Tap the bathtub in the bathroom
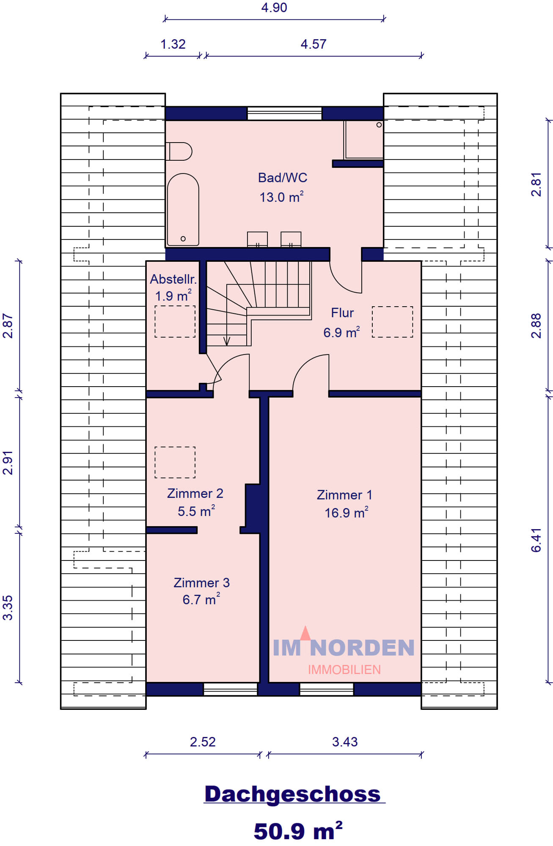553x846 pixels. tap(183, 209)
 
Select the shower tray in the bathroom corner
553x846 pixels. tap(363, 140)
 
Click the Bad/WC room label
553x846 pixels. tap(283, 178)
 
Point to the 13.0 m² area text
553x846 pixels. tap(281, 197)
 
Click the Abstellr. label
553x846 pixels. tap(173, 279)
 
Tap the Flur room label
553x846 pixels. tap(342, 313)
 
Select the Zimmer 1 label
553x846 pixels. tap(344, 495)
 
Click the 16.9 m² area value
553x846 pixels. tap(346, 513)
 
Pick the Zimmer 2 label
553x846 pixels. tap(195, 493)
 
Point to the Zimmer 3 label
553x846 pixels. tap(201, 582)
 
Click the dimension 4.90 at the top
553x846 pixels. tap(274, 8)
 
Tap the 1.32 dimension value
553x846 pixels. tap(173, 44)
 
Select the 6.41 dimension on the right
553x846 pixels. tap(536, 540)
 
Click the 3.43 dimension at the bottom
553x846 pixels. tap(345, 742)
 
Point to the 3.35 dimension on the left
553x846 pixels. tap(8, 608)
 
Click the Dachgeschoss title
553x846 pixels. tap(293, 794)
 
